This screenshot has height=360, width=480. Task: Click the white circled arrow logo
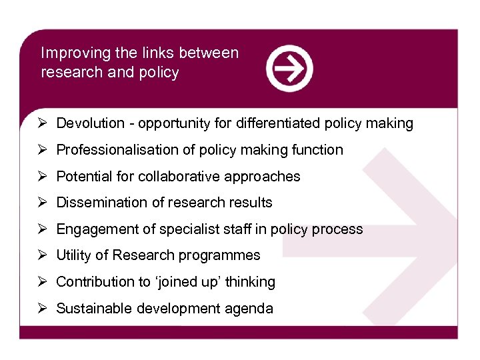tap(289, 68)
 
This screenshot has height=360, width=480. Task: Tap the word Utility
tap(73, 255)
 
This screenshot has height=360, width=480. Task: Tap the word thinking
tap(250, 282)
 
